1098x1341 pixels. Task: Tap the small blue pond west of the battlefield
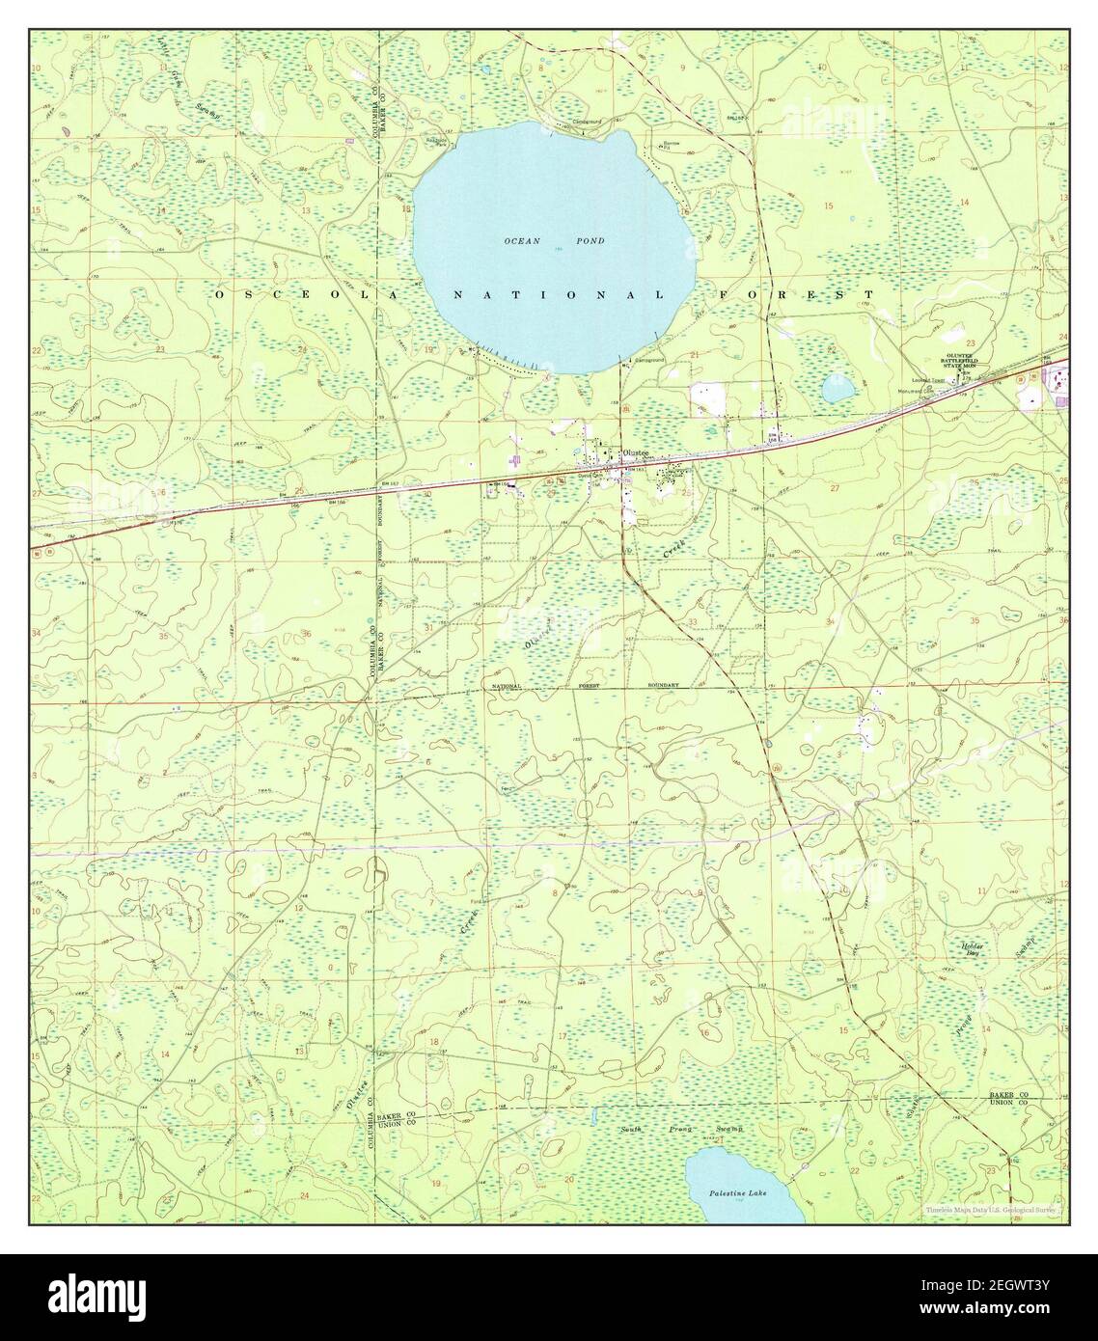(837, 389)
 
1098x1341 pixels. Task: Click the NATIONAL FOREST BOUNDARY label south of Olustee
(585, 686)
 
